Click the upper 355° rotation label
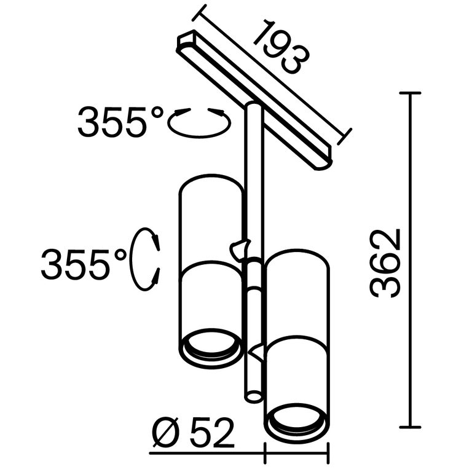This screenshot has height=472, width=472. [x=121, y=122]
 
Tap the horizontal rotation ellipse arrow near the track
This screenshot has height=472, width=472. [x=199, y=122]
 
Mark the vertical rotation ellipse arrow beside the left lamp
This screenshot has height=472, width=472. [x=146, y=259]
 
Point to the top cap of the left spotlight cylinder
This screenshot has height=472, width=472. [x=209, y=183]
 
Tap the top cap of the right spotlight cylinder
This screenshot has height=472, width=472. [x=297, y=257]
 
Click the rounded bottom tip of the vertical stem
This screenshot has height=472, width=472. [x=252, y=396]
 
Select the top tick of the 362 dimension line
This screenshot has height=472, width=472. [x=410, y=93]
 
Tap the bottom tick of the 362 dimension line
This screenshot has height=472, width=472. [x=410, y=427]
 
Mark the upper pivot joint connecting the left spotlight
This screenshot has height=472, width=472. [x=240, y=248]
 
